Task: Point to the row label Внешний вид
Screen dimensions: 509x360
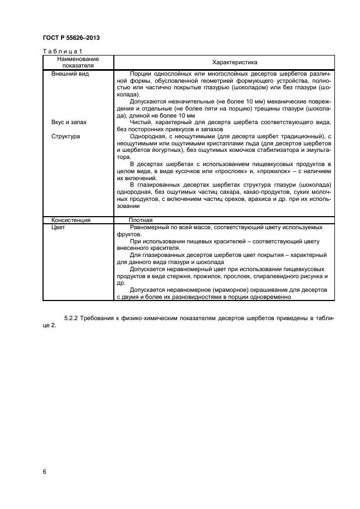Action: click(70, 73)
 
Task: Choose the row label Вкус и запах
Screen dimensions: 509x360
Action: click(69, 122)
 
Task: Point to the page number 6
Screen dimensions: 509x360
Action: click(44, 471)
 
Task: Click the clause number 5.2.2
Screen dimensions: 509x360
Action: click(72, 317)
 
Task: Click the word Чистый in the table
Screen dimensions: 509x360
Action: click(141, 122)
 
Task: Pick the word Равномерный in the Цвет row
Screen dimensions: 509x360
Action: click(149, 227)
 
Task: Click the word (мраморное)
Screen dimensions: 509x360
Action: click(217, 290)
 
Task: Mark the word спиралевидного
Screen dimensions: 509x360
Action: click(268, 276)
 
